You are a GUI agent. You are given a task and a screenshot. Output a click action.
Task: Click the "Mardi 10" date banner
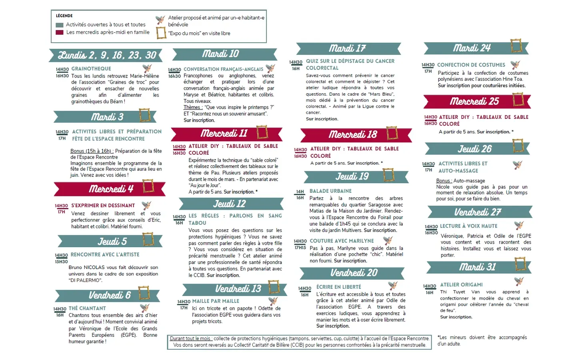click(221, 54)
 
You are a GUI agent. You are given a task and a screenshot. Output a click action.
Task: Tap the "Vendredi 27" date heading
click(478, 212)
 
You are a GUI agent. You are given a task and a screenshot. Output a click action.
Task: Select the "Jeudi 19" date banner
click(352, 176)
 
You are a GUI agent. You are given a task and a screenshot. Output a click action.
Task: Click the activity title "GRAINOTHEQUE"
click(91, 69)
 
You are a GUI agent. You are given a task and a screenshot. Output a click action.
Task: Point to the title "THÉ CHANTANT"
click(87, 308)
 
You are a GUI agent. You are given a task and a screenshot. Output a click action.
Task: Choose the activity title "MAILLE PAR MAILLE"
click(216, 301)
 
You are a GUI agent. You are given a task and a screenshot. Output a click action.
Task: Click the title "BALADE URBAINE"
click(330, 191)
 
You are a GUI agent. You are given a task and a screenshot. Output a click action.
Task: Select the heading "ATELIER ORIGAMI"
click(461, 285)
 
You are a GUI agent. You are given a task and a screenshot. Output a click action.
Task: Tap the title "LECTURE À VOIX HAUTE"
click(468, 226)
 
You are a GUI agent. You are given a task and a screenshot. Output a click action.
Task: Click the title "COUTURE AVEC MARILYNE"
click(342, 241)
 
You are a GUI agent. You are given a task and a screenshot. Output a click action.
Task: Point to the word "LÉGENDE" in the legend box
click(64, 16)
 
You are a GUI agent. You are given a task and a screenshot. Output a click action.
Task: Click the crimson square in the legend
click(60, 32)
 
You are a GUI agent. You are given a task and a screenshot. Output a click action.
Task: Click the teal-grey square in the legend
click(60, 25)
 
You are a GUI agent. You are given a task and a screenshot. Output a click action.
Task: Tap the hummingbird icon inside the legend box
click(160, 20)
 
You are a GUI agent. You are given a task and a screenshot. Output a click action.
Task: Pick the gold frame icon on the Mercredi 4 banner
click(148, 186)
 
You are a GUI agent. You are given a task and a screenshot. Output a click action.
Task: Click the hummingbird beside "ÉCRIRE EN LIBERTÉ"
click(393, 286)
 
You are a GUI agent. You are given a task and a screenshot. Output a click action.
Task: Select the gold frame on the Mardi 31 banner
click(520, 264)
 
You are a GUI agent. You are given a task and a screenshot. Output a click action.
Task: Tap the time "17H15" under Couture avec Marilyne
click(300, 248)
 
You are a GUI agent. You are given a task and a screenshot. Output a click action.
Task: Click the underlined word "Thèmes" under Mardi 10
click(192, 107)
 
